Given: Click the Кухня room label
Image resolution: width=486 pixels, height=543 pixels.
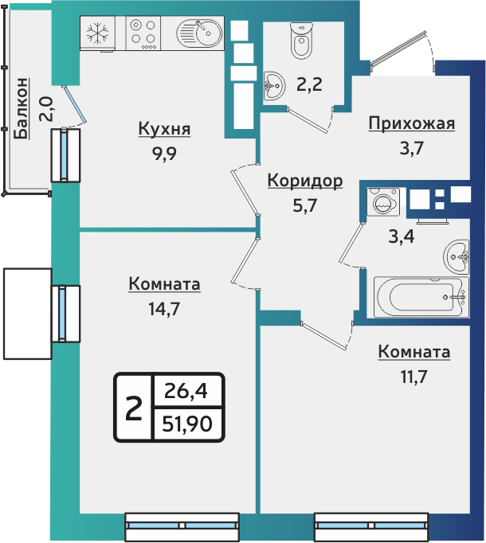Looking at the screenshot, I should pyautogui.click(x=164, y=129).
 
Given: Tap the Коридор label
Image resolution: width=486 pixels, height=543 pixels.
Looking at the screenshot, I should pyautogui.click(x=304, y=181).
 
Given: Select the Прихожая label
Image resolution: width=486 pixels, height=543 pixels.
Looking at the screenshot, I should pyautogui.click(x=411, y=123).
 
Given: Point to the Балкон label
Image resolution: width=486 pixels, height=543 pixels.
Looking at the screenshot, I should pyautogui.click(x=23, y=107).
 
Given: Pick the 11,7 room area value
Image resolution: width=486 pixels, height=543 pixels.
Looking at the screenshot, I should pyautogui.click(x=413, y=376).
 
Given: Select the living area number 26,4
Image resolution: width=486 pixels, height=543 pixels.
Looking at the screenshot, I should pyautogui.click(x=187, y=391).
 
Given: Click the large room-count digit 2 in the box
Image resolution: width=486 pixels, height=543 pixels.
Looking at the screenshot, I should pyautogui.click(x=134, y=408).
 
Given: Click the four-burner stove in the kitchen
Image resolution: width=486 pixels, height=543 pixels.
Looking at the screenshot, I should pyautogui.click(x=143, y=33).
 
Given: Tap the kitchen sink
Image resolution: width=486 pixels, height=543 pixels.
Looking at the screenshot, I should pyautogui.click(x=199, y=33).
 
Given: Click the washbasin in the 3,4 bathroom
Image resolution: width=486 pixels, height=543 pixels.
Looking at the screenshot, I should pyautogui.click(x=460, y=255).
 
